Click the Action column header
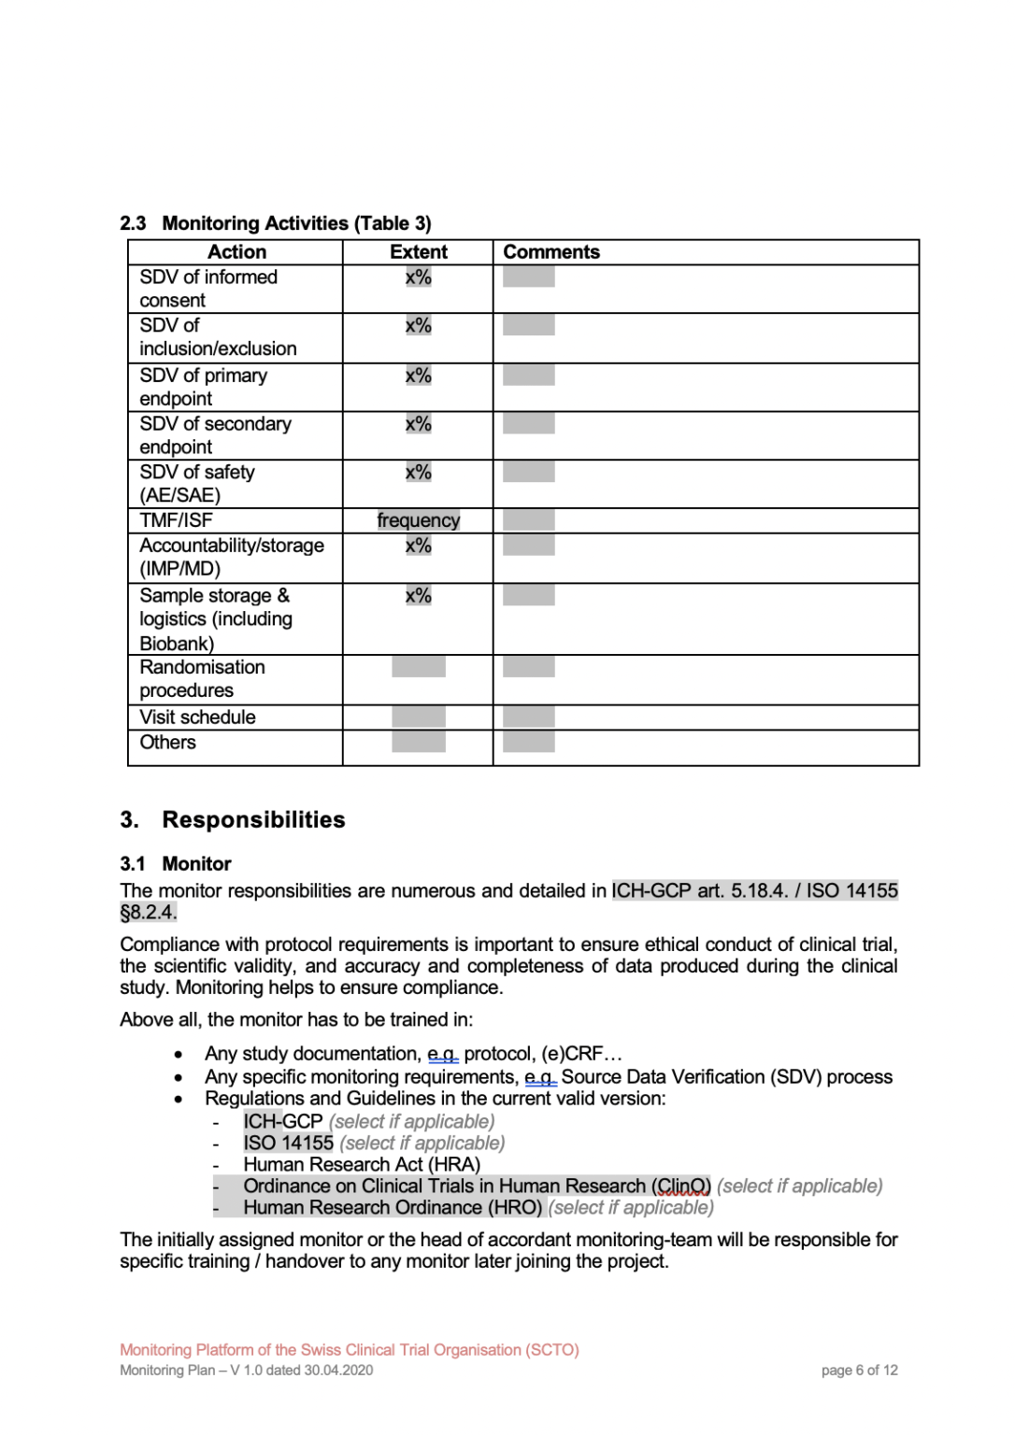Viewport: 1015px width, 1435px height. [x=236, y=252]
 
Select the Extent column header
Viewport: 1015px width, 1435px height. [x=418, y=252]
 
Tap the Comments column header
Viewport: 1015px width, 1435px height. [x=551, y=252]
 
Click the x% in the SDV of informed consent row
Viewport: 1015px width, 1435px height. [x=418, y=277]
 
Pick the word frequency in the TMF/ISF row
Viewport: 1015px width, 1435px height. [x=418, y=520]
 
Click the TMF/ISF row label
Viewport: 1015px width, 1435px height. [x=176, y=520]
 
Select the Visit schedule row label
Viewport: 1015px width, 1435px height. [x=197, y=717]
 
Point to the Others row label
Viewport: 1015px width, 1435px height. [x=167, y=743]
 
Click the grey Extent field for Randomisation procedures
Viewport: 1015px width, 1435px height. [x=418, y=667]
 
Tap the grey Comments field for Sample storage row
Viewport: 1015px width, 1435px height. [x=528, y=595]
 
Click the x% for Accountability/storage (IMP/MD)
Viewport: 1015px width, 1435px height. [x=418, y=546]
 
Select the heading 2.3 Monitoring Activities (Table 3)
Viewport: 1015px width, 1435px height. [x=276, y=223]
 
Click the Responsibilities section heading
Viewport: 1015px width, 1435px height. [x=253, y=820]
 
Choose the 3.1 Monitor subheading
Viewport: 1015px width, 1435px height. [x=176, y=864]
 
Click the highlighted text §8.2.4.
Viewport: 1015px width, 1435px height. [x=149, y=913]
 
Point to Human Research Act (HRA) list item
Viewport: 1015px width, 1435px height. [x=362, y=1165]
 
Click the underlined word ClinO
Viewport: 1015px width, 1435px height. [x=682, y=1186]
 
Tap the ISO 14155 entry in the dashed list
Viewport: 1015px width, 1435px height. [x=288, y=1144]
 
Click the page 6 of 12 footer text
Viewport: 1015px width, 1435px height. [x=859, y=1371]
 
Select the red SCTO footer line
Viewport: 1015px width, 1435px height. [x=349, y=1350]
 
